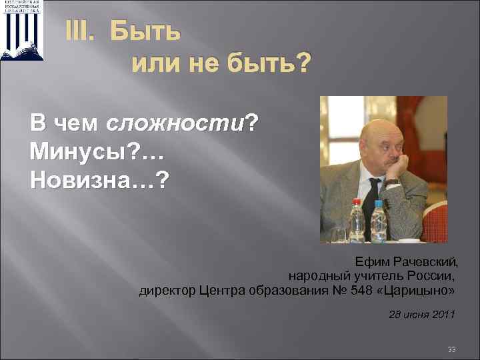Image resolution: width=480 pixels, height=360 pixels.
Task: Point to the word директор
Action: (167, 291)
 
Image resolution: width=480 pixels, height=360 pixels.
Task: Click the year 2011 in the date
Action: (442, 314)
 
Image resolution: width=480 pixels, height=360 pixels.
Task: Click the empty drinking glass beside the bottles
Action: (338, 233)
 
